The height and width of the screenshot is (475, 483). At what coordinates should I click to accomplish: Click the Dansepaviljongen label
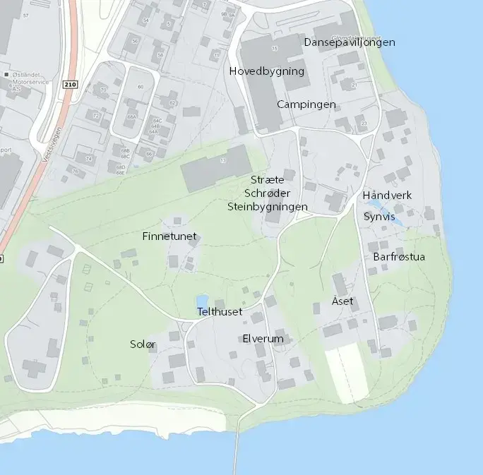point(349,42)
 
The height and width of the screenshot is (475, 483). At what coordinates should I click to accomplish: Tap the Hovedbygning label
point(267,71)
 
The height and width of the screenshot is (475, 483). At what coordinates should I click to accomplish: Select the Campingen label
point(306,104)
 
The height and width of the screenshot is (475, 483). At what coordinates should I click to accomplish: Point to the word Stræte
point(268,180)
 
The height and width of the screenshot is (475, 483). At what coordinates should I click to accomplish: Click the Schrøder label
point(267,193)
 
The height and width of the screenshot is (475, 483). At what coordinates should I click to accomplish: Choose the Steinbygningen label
point(268,207)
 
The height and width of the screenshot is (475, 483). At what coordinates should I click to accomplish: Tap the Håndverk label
point(387,195)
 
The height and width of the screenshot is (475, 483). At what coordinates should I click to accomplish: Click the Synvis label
point(379,217)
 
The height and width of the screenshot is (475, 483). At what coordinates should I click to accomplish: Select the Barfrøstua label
point(399,257)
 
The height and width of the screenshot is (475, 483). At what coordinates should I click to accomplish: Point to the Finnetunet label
point(169,236)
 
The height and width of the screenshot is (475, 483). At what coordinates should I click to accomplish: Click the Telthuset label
point(220,311)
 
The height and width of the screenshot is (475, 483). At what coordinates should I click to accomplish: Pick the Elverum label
point(263,339)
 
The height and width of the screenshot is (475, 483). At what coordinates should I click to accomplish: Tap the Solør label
point(143,344)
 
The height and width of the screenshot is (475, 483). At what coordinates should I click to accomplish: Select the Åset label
point(342,301)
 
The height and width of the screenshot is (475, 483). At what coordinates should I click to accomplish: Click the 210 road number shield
point(68,85)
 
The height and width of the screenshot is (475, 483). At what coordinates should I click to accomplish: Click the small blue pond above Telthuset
point(203,301)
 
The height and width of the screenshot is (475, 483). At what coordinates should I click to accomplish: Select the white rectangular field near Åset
point(348,374)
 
